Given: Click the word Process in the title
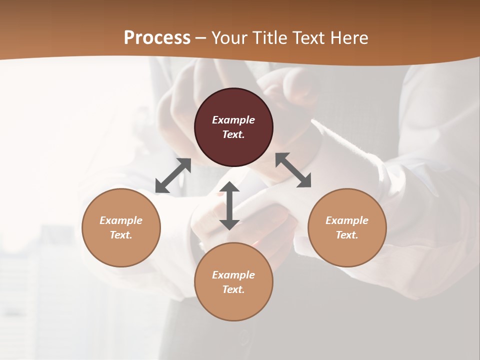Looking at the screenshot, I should [157, 38].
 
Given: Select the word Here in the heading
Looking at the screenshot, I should [348, 38].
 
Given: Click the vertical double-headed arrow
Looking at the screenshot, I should [229, 205].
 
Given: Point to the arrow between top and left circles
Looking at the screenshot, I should [173, 175].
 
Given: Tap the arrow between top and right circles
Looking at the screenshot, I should [293, 170].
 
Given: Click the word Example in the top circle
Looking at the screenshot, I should [233, 120].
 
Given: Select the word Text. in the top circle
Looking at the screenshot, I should [233, 134].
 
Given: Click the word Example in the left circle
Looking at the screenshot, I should [121, 220].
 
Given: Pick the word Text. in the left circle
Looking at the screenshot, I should [121, 235].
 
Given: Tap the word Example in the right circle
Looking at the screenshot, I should [346, 220].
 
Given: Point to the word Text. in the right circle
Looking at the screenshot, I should [346, 235].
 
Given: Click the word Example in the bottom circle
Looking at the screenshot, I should [233, 275].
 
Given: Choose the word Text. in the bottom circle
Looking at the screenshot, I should [233, 289].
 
